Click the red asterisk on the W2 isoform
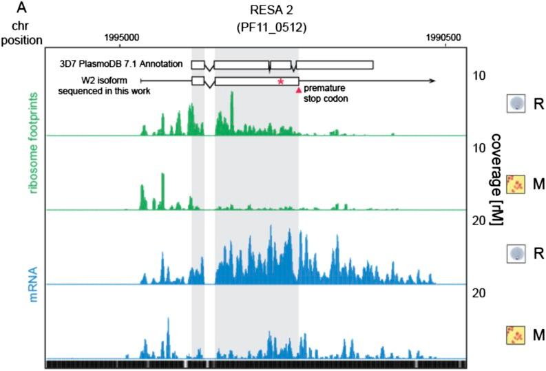[x=280, y=83]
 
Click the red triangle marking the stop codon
[x=298, y=89]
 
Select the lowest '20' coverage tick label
[x=479, y=294]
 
